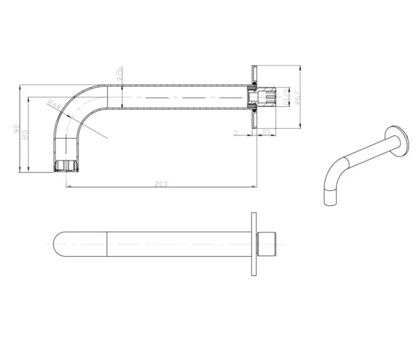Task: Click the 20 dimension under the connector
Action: click(265, 132)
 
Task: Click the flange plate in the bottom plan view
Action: click(254, 244)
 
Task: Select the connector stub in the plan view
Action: click(265, 244)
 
